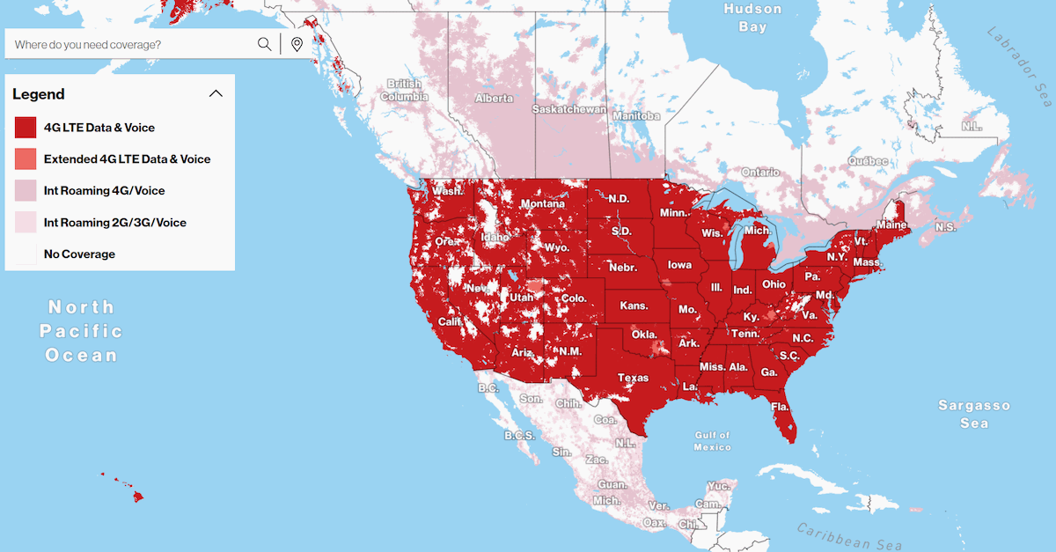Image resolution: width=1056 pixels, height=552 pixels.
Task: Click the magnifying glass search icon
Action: (x=264, y=44)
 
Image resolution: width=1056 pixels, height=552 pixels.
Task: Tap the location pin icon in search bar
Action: (x=297, y=44)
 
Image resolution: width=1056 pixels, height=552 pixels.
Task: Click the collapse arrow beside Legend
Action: (x=215, y=94)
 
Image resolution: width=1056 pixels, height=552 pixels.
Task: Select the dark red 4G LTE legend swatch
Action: (x=26, y=128)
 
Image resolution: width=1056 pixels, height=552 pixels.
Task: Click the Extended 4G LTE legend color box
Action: (x=26, y=159)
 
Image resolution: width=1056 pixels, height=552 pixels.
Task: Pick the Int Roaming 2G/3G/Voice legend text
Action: (x=114, y=223)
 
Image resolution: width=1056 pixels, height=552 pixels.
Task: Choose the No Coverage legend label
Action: (x=79, y=254)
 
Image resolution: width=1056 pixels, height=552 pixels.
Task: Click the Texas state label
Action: (x=633, y=378)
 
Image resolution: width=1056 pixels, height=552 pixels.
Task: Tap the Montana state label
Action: (x=542, y=203)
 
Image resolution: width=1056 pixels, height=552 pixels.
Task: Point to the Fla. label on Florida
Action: (x=780, y=407)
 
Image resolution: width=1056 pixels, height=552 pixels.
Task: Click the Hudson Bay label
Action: (x=752, y=18)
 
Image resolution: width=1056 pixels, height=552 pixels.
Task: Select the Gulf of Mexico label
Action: (x=712, y=441)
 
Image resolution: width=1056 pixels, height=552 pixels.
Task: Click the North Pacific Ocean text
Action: (x=81, y=331)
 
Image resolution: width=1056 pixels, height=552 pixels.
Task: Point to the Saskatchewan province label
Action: (x=569, y=110)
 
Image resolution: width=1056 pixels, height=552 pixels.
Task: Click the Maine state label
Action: (x=891, y=225)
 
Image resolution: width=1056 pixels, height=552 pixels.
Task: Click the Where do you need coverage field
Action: (x=132, y=44)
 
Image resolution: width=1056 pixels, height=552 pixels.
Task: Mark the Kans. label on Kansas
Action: (x=634, y=306)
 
